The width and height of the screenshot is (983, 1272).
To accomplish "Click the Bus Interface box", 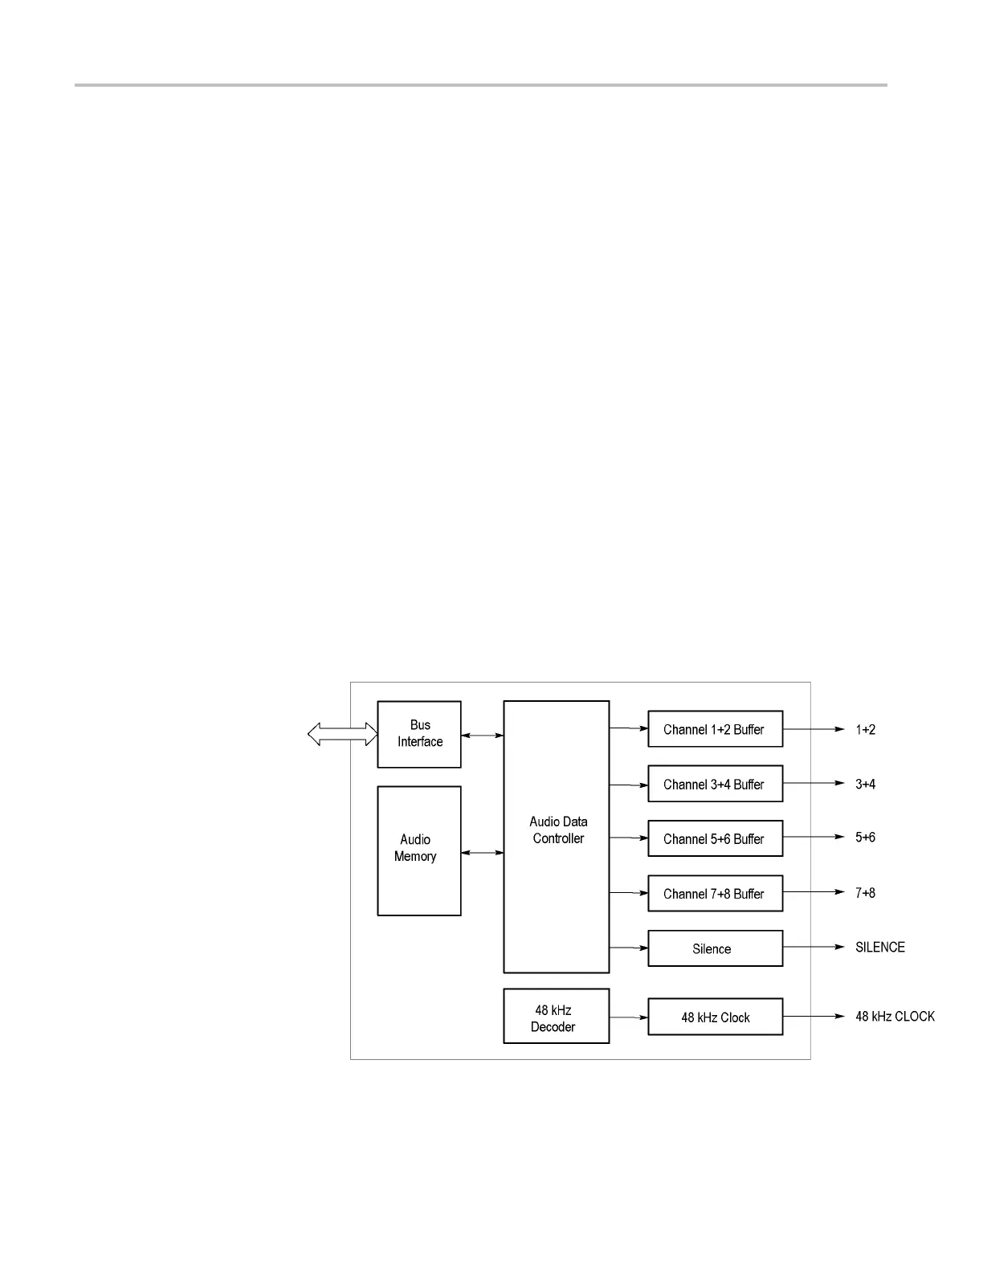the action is click(419, 734).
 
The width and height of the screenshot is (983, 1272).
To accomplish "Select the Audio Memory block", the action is click(419, 850).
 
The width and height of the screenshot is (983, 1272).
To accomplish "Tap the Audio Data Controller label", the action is click(558, 830).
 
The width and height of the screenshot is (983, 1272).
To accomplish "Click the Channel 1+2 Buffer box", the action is click(715, 729).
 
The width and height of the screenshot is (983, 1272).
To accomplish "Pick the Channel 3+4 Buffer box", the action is click(715, 784).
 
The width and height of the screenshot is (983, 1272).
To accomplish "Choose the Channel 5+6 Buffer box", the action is click(715, 838).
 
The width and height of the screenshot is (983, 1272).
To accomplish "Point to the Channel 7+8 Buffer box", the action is click(715, 893).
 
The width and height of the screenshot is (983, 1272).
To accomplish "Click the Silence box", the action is click(715, 948).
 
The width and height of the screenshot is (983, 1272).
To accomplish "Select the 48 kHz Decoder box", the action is click(556, 1017).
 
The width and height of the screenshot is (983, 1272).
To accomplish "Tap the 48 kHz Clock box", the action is click(715, 1017).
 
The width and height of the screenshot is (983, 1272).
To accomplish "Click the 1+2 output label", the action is click(865, 730).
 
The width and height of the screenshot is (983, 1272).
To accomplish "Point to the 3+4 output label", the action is click(865, 785).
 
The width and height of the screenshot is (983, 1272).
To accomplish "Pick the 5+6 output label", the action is click(865, 838).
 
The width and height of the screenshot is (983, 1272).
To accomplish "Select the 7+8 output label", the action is click(865, 893).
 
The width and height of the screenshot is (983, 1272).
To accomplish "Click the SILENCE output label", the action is click(879, 948).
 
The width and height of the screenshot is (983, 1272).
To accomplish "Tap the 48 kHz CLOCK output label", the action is click(895, 1017).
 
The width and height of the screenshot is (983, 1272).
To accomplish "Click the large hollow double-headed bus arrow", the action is click(343, 734).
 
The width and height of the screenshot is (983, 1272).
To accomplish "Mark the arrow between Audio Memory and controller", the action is click(482, 853).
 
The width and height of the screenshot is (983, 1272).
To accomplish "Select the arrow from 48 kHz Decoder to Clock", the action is click(629, 1017).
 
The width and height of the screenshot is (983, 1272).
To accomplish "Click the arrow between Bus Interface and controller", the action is click(482, 735).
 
